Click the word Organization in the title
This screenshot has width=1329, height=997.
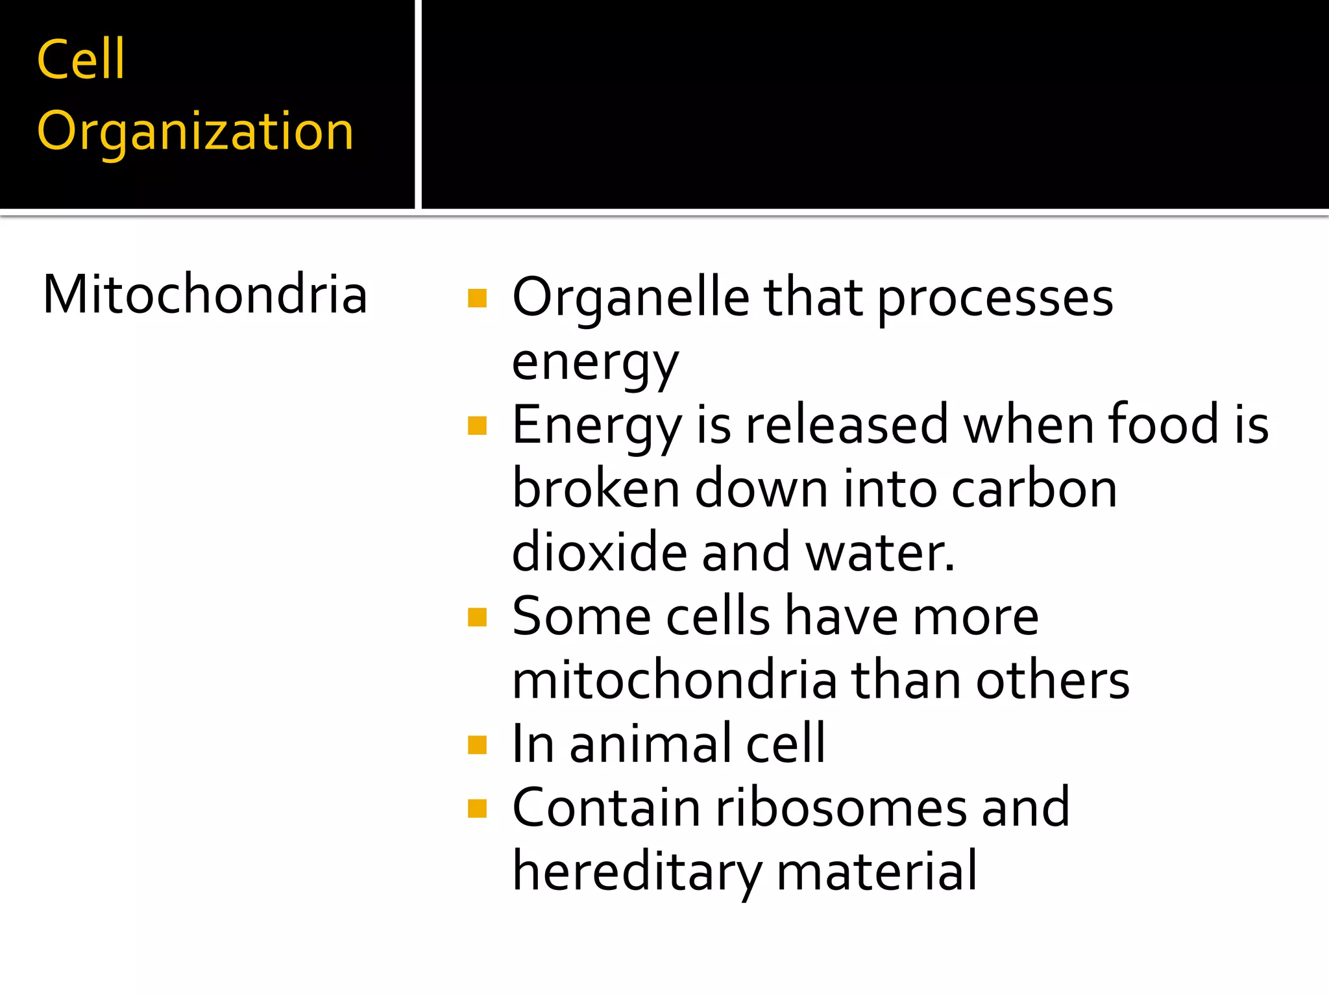195,132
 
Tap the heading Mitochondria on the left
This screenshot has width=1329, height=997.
205,295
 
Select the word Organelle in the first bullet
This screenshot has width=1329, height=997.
631,298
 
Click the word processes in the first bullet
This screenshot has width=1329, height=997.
995,299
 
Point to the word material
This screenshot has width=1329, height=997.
876,871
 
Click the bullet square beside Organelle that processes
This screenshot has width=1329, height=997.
477,298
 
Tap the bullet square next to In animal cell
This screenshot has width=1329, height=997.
477,745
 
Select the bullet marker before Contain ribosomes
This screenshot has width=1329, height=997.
477,808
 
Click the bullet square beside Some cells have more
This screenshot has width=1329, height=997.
477,617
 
